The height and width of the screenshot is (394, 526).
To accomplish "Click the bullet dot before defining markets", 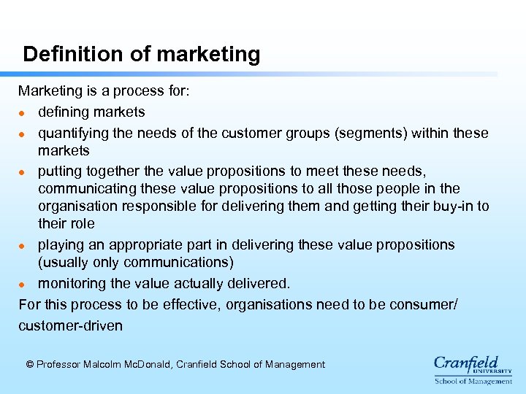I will click(23, 113).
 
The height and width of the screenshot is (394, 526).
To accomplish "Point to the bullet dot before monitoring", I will click(23, 284).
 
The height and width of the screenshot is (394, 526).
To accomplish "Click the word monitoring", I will click(72, 282).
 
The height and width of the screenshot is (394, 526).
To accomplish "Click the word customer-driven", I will click(71, 325).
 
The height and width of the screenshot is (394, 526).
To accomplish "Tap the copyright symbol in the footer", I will click(29, 364).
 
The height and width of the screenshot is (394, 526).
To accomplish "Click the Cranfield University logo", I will click(473, 368).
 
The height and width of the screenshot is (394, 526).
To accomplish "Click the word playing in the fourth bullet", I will click(61, 244).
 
